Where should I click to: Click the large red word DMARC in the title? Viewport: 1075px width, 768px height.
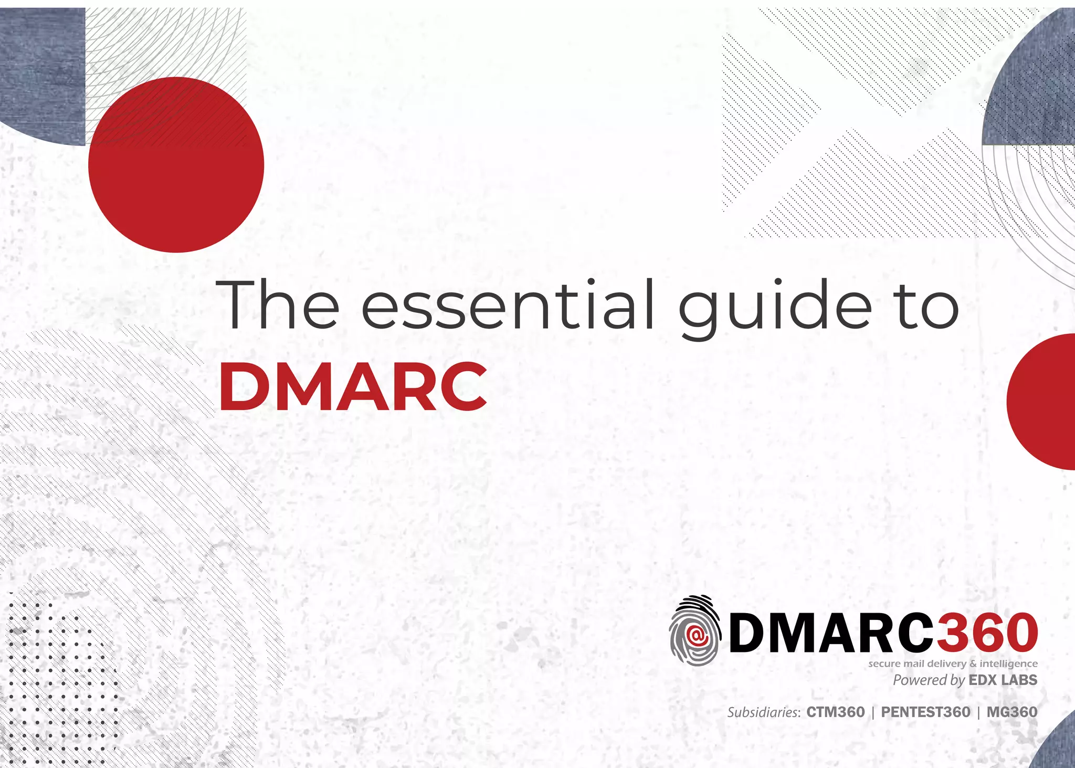[x=353, y=387]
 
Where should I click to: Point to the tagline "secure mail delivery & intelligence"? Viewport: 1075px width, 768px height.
[x=953, y=664]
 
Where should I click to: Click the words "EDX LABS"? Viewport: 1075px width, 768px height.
[x=1003, y=680]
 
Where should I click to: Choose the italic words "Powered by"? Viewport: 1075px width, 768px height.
[x=929, y=680]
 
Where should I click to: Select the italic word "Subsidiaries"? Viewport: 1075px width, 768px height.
[x=763, y=712]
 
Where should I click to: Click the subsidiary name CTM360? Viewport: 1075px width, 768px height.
[x=836, y=712]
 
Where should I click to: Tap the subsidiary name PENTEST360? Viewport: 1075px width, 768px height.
[x=925, y=712]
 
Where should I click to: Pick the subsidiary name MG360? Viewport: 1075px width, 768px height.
[x=1012, y=712]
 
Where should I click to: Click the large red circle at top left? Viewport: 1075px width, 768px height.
[x=176, y=165]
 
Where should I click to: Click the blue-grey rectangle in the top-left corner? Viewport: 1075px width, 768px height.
[x=42, y=73]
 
